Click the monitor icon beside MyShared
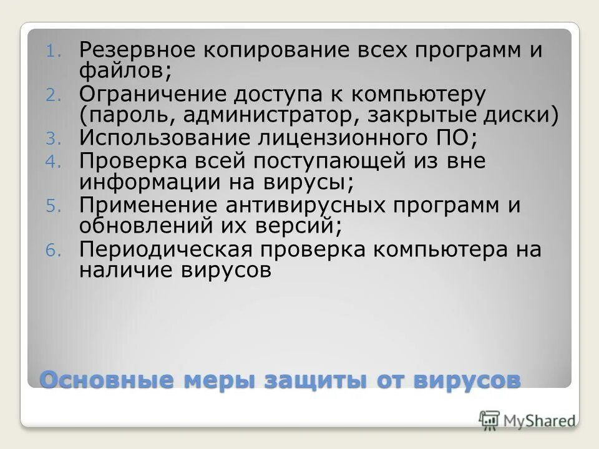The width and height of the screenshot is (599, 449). point(489,420)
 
